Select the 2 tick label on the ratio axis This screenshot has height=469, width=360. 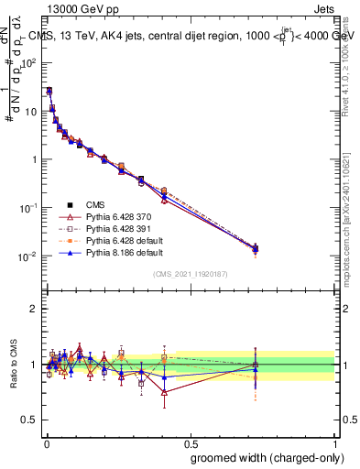36,309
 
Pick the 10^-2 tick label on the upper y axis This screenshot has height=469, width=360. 29,256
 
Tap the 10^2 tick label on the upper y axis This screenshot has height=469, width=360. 30,63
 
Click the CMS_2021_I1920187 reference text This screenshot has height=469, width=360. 190,274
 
